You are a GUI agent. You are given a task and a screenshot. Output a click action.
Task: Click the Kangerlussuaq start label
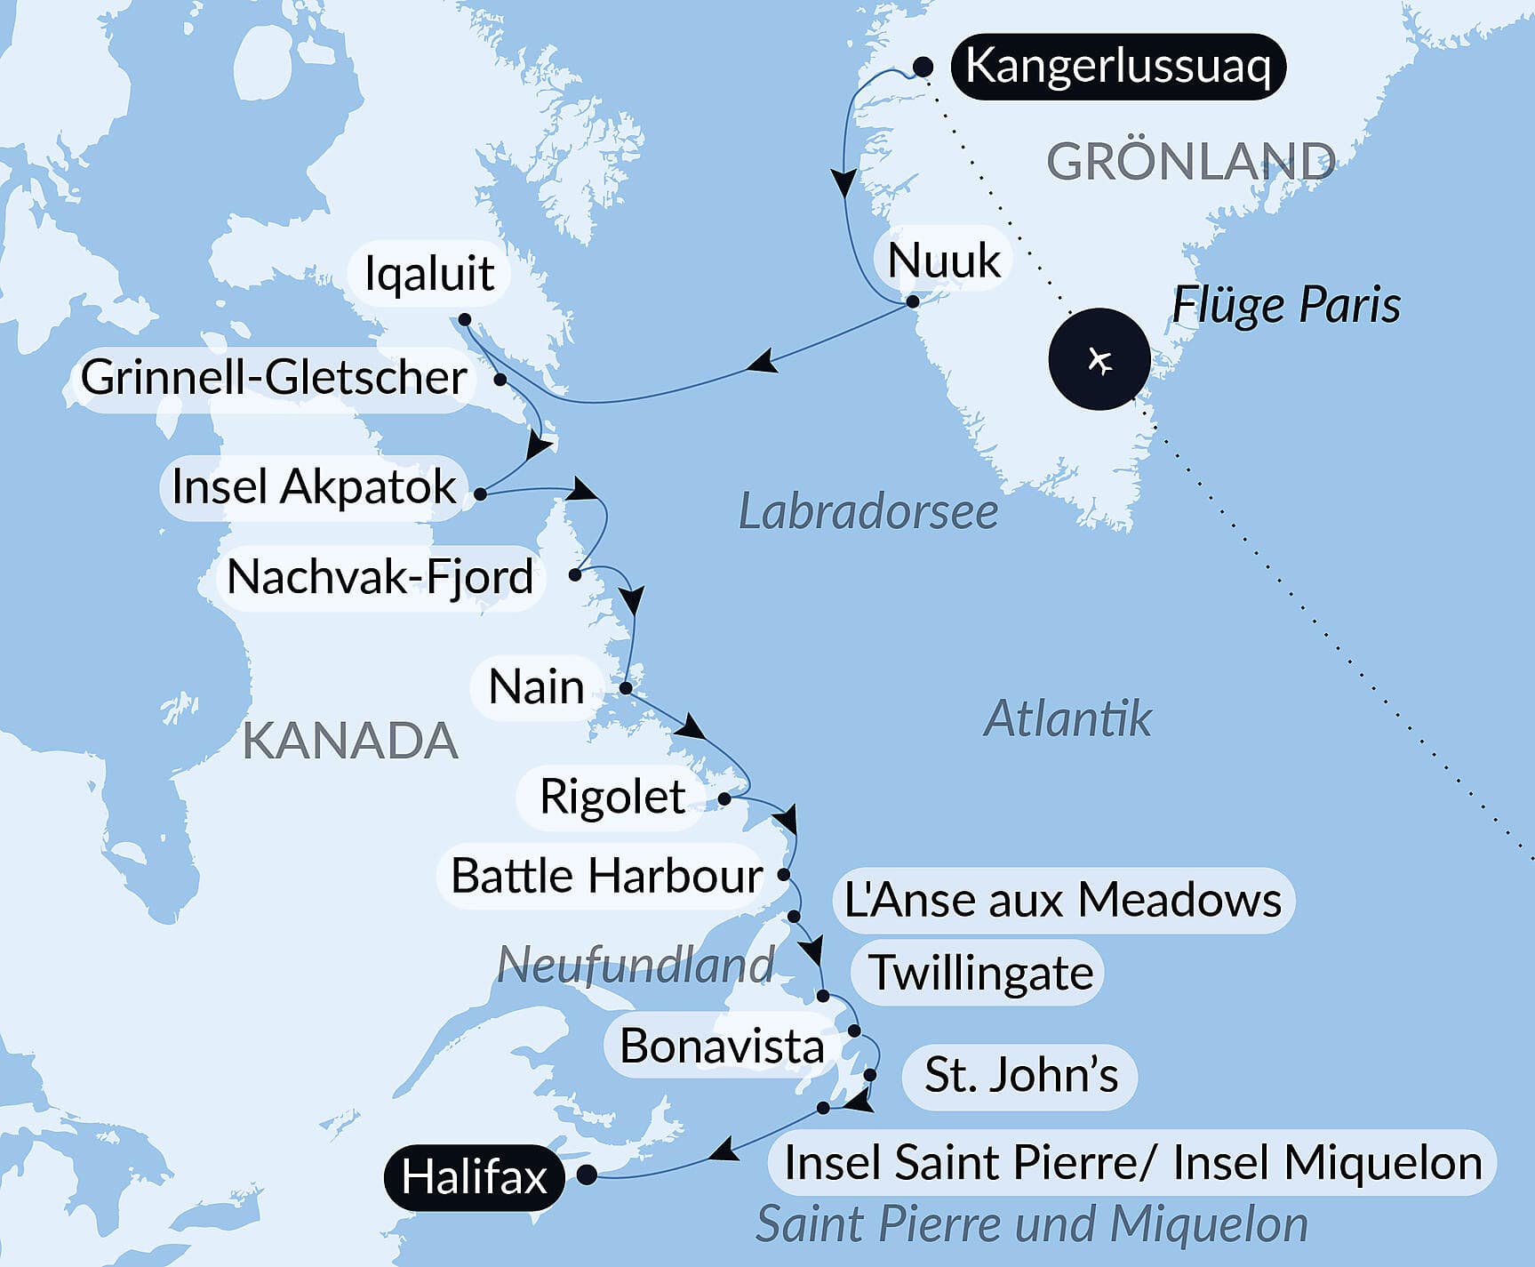pyautogui.click(x=1117, y=67)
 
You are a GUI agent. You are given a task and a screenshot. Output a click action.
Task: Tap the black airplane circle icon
pyautogui.click(x=1099, y=359)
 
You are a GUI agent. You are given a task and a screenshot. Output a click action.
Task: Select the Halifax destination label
pyautogui.click(x=474, y=1177)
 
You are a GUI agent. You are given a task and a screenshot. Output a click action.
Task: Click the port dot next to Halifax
pyautogui.click(x=587, y=1175)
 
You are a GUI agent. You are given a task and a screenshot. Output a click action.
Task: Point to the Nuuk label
pyautogui.click(x=944, y=261)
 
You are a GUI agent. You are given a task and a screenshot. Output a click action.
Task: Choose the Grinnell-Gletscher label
pyautogui.click(x=274, y=377)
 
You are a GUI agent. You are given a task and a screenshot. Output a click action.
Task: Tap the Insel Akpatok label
pyautogui.click(x=313, y=487)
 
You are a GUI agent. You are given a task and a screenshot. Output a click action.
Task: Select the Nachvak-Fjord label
pyautogui.click(x=380, y=577)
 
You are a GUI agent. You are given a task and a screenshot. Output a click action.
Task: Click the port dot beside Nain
pyautogui.click(x=626, y=688)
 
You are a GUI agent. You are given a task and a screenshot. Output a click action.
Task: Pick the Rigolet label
pyautogui.click(x=612, y=797)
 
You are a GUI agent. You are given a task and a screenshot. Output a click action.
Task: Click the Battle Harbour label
pyautogui.click(x=606, y=876)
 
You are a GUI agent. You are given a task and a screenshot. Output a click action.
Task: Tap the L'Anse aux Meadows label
pyautogui.click(x=1062, y=900)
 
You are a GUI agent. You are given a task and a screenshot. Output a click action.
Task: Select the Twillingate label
pyautogui.click(x=980, y=972)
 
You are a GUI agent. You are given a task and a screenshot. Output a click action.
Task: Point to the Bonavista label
pyautogui.click(x=721, y=1046)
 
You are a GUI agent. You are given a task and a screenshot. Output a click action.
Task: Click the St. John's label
pyautogui.click(x=1020, y=1075)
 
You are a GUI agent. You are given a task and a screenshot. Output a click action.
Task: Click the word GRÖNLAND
pyautogui.click(x=1191, y=162)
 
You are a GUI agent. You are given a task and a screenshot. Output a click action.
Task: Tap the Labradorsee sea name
pyautogui.click(x=868, y=513)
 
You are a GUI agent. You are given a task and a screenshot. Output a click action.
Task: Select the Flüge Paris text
pyautogui.click(x=1285, y=306)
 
